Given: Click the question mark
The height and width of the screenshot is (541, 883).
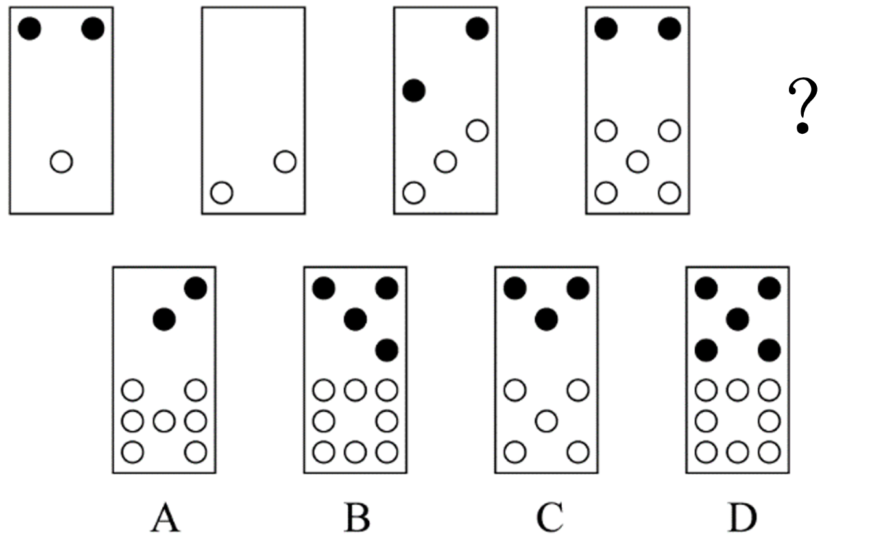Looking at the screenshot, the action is tap(803, 106).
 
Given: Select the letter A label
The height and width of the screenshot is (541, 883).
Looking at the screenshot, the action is tap(165, 518).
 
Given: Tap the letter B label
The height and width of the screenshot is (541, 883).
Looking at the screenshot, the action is tap(357, 518).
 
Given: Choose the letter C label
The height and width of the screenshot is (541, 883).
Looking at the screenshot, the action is tap(550, 518).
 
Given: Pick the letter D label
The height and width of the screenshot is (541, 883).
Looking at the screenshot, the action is tap(742, 518).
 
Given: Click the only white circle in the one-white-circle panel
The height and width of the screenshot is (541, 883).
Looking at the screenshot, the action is tap(62, 162).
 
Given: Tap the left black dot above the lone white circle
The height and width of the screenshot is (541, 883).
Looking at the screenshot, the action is tap(30, 29).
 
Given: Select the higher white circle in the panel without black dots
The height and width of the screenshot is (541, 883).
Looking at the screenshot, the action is tap(285, 162).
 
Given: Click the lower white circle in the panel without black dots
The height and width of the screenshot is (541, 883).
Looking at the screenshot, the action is tap(222, 193).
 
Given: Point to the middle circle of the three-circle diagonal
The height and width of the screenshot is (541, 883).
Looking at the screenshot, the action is tap(446, 162).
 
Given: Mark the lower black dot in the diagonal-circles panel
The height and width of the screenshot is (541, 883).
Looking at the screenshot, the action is tap(414, 91).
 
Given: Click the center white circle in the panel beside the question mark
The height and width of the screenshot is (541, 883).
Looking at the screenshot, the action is tap(638, 162).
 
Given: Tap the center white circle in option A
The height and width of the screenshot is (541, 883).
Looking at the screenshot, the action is tap(164, 421).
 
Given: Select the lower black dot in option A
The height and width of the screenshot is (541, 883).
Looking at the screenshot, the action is tap(164, 320).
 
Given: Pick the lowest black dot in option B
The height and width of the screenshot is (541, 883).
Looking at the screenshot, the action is tap(387, 350).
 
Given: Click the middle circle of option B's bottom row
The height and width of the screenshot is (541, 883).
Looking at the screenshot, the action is tap(356, 452).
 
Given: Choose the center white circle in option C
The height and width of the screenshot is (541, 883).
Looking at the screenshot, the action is tap(546, 421).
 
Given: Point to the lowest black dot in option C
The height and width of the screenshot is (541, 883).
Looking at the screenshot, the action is tap(546, 320).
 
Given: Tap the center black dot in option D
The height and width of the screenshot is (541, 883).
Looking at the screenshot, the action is tap(738, 320).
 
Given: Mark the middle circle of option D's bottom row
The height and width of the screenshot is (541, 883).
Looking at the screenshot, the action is tap(738, 452).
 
